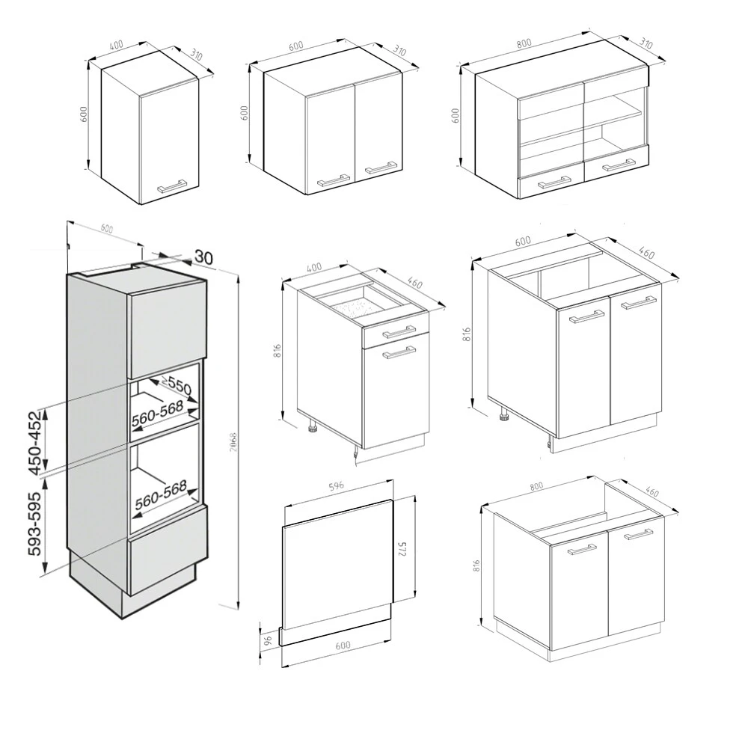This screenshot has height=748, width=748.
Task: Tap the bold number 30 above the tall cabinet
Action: [x=203, y=256]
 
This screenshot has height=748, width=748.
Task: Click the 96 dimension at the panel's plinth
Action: [x=266, y=640]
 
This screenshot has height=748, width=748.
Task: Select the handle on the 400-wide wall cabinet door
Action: [x=171, y=185]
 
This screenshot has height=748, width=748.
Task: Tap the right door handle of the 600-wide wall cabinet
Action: [x=380, y=168]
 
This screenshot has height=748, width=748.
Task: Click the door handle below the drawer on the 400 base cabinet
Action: [x=401, y=354]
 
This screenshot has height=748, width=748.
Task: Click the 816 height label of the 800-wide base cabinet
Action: [x=477, y=566]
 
